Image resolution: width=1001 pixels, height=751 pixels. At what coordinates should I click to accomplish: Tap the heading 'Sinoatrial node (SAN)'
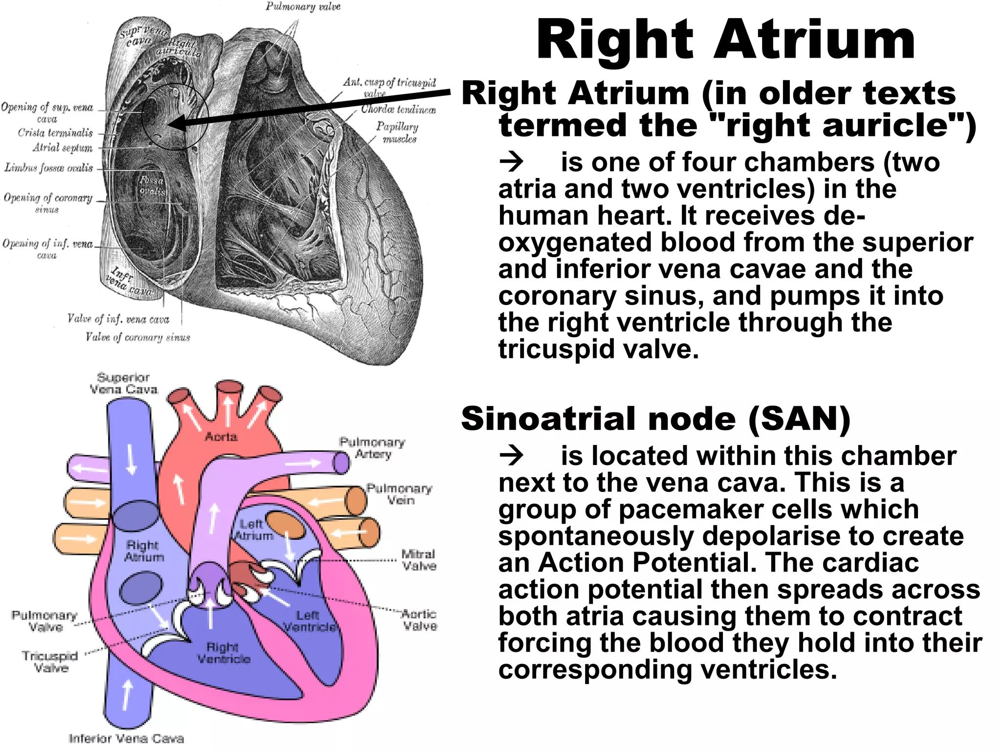(655, 419)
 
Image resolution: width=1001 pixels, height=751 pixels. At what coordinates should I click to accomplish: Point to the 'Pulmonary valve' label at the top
(303, 6)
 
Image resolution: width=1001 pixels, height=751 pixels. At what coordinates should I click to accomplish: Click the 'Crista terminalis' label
(55, 133)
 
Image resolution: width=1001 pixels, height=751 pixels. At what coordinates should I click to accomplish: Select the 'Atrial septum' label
(63, 148)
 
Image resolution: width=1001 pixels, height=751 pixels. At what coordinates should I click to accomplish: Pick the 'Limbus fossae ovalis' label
(48, 168)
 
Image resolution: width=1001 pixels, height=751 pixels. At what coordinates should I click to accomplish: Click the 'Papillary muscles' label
(398, 133)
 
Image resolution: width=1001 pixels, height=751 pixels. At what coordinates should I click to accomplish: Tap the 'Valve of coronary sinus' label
(137, 337)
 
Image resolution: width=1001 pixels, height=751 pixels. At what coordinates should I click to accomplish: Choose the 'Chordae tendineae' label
(398, 109)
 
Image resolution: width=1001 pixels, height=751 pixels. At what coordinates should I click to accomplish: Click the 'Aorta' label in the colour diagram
(221, 437)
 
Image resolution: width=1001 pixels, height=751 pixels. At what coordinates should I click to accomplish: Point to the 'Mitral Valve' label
(419, 560)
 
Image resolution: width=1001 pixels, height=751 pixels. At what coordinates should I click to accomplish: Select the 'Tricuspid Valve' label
(50, 662)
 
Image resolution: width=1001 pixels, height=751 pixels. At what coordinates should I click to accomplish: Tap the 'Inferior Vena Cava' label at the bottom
(126, 738)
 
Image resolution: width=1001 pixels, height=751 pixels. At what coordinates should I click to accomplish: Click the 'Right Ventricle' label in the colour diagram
(223, 653)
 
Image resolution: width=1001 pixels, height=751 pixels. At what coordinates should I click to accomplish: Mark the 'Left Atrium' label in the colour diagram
(253, 530)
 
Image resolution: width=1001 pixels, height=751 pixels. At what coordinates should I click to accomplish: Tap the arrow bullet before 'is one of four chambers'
(511, 162)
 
